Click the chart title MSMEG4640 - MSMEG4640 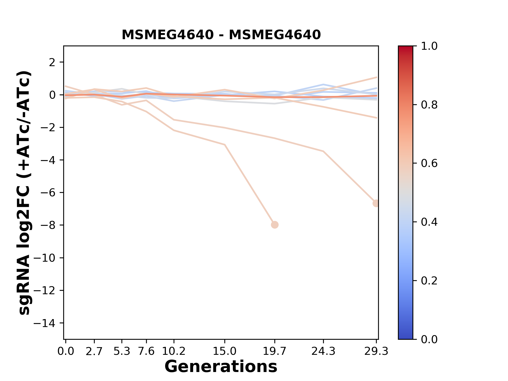pyautogui.click(x=221, y=35)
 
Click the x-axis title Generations pyautogui.click(x=221, y=367)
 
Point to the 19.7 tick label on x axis pyautogui.click(x=275, y=351)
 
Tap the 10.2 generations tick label pyautogui.click(x=174, y=351)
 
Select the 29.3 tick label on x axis pyautogui.click(x=376, y=351)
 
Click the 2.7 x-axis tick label pyautogui.click(x=94, y=351)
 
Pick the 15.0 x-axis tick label pyautogui.click(x=225, y=351)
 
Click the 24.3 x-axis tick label pyautogui.click(x=323, y=351)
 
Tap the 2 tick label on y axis pyautogui.click(x=52, y=62)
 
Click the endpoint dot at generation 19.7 pyautogui.click(x=275, y=225)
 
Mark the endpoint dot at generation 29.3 pyautogui.click(x=376, y=203)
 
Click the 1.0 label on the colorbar pyautogui.click(x=429, y=46)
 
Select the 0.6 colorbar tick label pyautogui.click(x=429, y=164)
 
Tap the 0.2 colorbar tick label pyautogui.click(x=429, y=281)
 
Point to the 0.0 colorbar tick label pyautogui.click(x=429, y=339)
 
